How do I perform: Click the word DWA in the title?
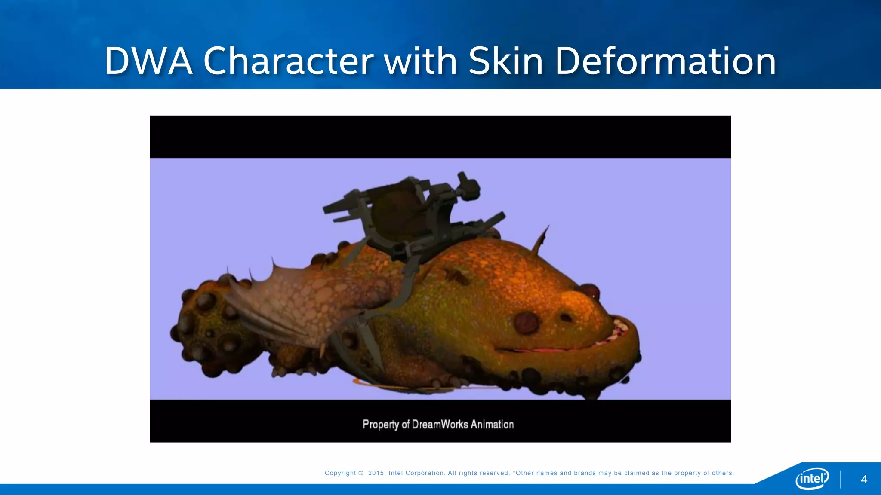click(148, 61)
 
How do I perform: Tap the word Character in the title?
click(289, 61)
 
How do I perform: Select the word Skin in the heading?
click(506, 61)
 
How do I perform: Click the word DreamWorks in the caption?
click(440, 425)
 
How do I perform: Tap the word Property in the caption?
click(381, 425)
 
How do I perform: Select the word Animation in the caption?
click(492, 425)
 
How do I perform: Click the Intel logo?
click(812, 478)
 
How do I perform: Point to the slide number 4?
click(864, 480)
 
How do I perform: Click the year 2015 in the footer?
click(376, 473)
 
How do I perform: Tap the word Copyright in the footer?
click(340, 473)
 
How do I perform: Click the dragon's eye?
click(526, 322)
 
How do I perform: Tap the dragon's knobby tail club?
click(206, 327)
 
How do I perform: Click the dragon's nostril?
click(566, 318)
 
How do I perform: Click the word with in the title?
click(420, 61)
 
